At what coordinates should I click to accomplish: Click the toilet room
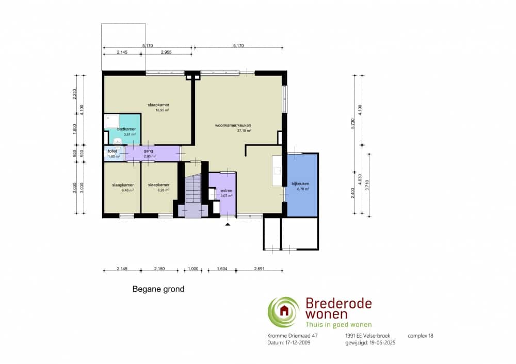click(114, 154)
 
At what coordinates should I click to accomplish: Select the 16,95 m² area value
click(163, 110)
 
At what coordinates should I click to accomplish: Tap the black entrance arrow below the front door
click(227, 224)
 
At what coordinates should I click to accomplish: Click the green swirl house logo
click(283, 312)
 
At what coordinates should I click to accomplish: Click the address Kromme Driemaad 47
click(292, 336)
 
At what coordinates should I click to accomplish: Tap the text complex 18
click(420, 336)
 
